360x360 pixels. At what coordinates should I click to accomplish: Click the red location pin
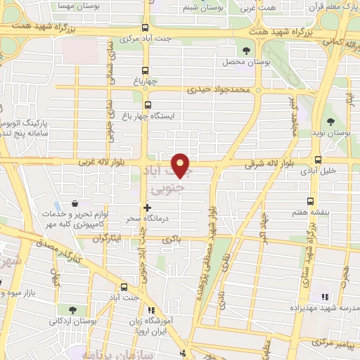[x=182, y=165]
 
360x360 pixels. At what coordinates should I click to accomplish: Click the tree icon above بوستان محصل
[x=245, y=51]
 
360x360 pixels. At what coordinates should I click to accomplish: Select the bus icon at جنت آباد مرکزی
[x=145, y=28]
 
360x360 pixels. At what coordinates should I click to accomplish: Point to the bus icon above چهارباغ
[x=146, y=70]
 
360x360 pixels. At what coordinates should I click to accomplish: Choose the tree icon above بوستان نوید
[x=330, y=122]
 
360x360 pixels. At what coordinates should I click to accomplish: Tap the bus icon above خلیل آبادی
[x=318, y=160]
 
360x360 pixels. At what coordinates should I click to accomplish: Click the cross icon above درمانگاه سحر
[x=146, y=207]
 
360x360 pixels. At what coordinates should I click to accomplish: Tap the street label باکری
[x=172, y=240]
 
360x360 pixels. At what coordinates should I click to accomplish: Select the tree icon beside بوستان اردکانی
[x=72, y=310]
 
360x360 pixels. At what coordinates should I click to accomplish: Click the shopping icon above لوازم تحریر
[x=75, y=204]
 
